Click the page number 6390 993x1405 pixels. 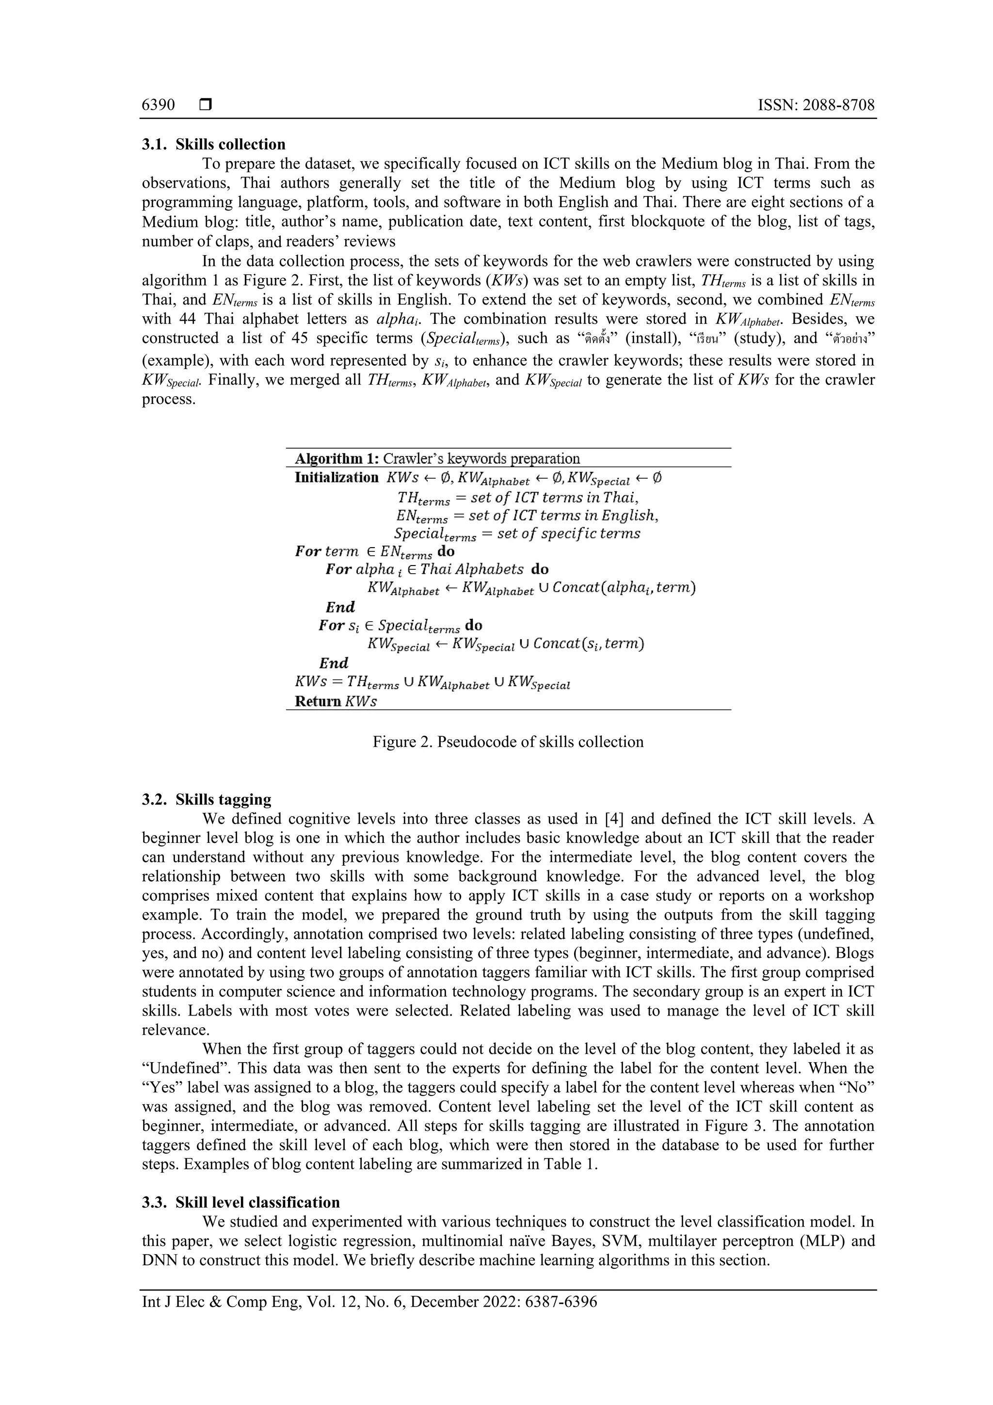point(159,105)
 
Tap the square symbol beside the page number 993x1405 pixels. point(206,105)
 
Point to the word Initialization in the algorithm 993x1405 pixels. point(336,477)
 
